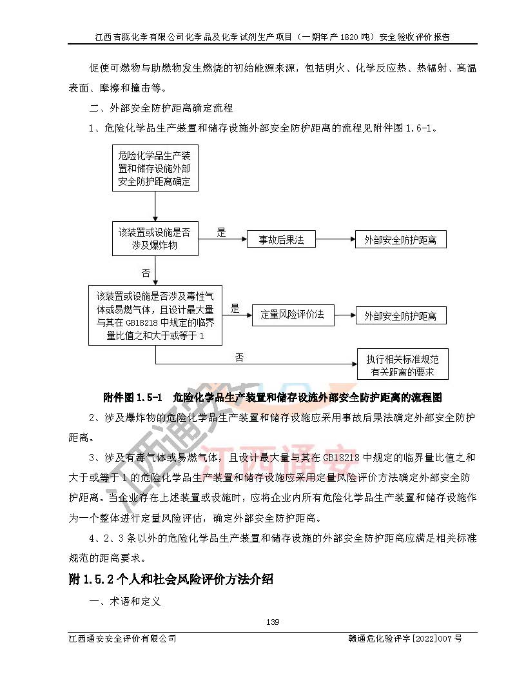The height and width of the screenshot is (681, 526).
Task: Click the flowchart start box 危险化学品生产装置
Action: pos(155,168)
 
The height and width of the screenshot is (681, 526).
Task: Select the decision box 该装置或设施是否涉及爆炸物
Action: pos(155,239)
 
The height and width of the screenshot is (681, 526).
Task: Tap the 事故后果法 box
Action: pos(282,240)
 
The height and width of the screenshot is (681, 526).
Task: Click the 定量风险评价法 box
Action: pos(292,315)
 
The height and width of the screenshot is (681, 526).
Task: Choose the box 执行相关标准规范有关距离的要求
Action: pos(402,366)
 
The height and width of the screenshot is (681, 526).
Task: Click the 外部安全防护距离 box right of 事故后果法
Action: pos(400,240)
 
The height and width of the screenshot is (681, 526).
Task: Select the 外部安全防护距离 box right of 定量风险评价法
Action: pos(400,315)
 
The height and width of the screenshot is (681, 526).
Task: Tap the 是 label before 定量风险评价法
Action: pos(235,308)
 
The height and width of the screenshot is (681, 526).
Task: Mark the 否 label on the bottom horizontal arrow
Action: pos(239,357)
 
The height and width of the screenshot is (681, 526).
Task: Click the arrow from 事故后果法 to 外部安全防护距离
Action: pos(335,240)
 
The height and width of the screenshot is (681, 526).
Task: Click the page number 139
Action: pos(272,622)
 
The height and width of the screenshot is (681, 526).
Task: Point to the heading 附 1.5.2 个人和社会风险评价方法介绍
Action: pos(171,579)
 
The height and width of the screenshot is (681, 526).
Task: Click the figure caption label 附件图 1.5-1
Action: pos(134,397)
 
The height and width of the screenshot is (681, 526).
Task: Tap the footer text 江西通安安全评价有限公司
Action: pos(122,638)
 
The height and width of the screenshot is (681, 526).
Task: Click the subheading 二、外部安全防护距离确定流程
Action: pos(161,108)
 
